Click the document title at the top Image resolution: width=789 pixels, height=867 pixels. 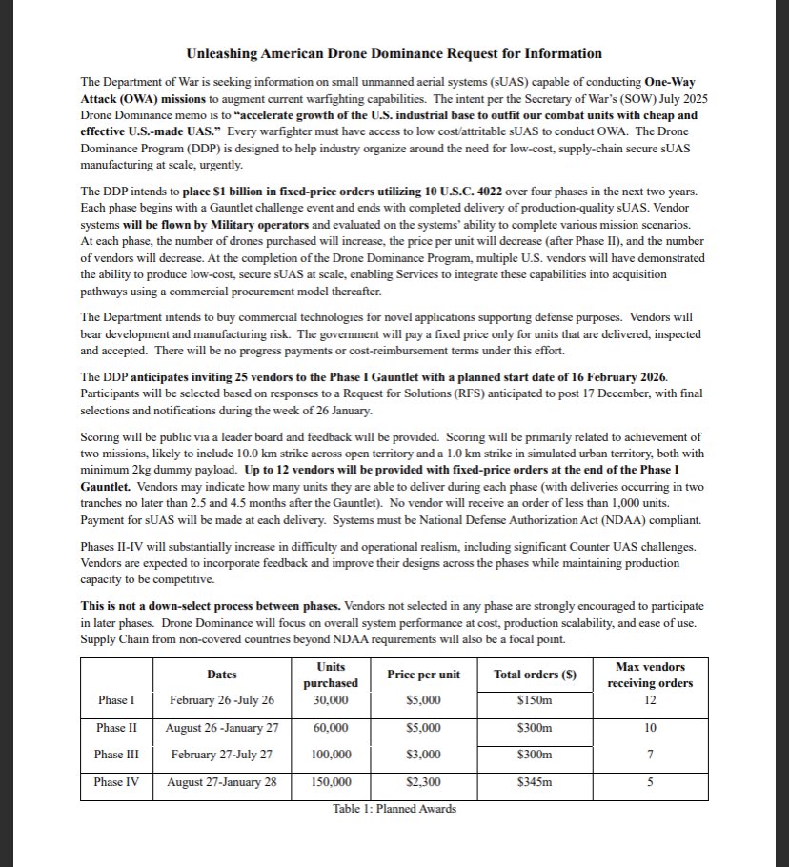(394, 53)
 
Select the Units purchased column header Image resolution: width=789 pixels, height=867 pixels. (331, 675)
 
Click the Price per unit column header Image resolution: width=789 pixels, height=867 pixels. (423, 675)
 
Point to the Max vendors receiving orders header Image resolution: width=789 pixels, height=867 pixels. (650, 675)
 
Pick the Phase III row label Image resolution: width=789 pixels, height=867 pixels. (116, 754)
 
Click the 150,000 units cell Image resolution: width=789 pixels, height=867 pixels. (331, 781)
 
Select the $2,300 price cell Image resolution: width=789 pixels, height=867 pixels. (423, 781)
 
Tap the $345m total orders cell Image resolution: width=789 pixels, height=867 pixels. (535, 781)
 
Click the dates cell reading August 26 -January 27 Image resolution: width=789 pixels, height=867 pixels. (221, 727)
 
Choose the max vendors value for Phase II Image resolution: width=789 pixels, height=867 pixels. (650, 727)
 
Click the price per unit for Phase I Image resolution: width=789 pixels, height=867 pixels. (423, 700)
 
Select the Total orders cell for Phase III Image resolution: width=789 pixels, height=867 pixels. (535, 754)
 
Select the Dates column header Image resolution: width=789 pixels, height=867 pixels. (221, 675)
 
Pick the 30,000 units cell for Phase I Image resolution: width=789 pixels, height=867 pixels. (331, 700)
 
